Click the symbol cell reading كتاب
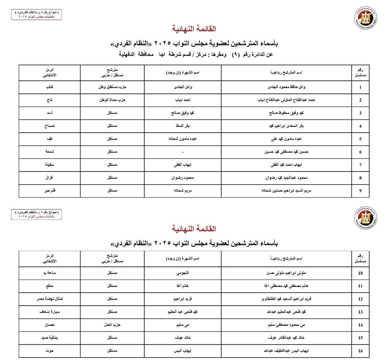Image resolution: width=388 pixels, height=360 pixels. pyautogui.click(x=49, y=87)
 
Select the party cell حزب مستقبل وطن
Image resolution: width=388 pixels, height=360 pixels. pyautogui.click(x=112, y=87)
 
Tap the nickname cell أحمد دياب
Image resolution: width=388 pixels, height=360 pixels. pyautogui.click(x=183, y=100)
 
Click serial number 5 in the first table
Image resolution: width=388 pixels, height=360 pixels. pyautogui.click(x=360, y=139)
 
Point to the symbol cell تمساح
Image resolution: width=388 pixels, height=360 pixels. pyautogui.click(x=49, y=126)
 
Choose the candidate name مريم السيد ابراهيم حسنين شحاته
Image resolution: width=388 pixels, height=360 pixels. pyautogui.click(x=286, y=191)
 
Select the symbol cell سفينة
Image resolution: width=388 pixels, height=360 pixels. pyautogui.click(x=49, y=165)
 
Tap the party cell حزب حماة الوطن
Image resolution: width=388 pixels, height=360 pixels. pyautogui.click(x=112, y=100)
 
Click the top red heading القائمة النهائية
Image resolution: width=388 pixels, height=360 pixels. pyautogui.click(x=194, y=29)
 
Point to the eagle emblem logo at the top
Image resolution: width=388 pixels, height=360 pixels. pyautogui.click(x=365, y=18)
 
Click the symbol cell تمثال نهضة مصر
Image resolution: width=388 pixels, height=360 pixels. pyautogui.click(x=49, y=299)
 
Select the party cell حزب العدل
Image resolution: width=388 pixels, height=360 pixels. pyautogui.click(x=112, y=325)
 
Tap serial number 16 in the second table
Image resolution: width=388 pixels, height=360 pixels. pyautogui.click(x=360, y=351)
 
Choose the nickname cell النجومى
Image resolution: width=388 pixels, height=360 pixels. pyautogui.click(x=183, y=273)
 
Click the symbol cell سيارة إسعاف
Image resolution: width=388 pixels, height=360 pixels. pyautogui.click(x=49, y=312)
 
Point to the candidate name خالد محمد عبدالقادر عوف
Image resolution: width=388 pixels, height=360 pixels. pyautogui.click(x=286, y=338)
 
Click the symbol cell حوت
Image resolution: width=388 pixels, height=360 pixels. pyautogui.click(x=49, y=351)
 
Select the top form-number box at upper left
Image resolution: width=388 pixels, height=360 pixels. pyautogui.click(x=36, y=14)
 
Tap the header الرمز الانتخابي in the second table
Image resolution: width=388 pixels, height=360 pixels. pyautogui.click(x=49, y=258)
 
